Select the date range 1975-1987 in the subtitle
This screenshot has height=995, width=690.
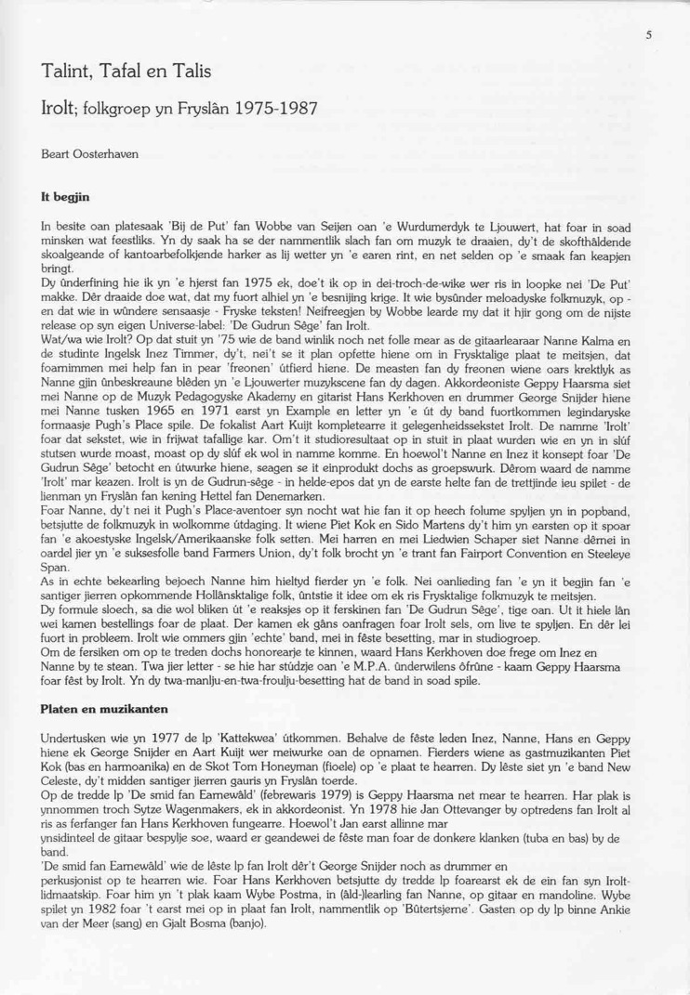tap(268, 107)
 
